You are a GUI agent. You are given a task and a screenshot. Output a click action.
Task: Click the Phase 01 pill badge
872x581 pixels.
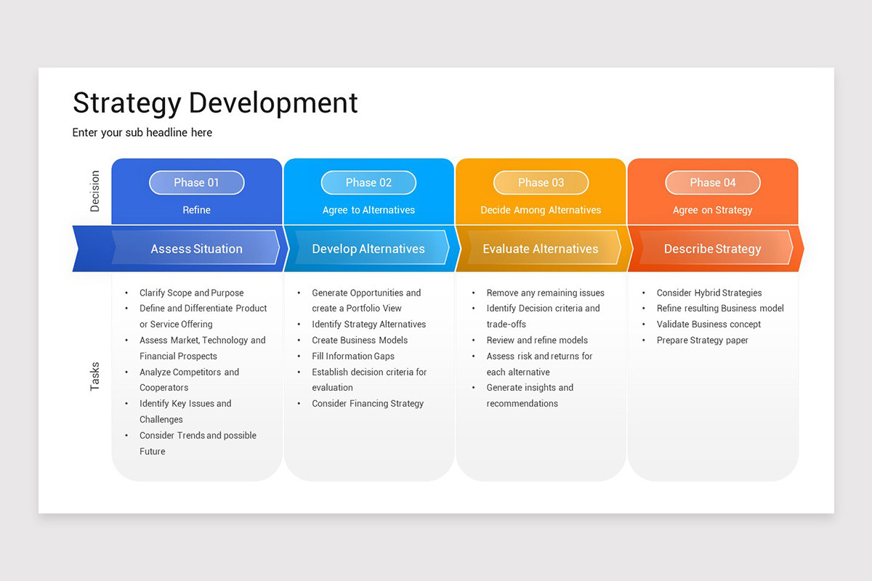[196, 183]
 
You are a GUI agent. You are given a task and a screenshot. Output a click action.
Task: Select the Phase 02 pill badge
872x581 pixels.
[368, 183]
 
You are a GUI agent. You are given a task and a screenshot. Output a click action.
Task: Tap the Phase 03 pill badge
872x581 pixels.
[541, 183]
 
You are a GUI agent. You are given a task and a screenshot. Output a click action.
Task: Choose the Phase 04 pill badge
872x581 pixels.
[712, 183]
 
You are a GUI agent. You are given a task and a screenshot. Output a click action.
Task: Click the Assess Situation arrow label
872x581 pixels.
[196, 248]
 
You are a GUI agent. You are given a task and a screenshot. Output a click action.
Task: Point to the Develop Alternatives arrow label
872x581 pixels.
[368, 248]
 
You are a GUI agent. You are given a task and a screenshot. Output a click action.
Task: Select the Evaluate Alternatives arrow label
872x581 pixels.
[541, 248]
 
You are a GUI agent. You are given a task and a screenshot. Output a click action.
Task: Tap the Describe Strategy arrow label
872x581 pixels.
[712, 248]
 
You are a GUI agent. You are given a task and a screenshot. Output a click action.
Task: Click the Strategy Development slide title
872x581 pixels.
[215, 102]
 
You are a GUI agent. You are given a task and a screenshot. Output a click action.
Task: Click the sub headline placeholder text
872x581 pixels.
[142, 132]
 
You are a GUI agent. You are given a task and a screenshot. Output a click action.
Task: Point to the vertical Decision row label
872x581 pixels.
[95, 191]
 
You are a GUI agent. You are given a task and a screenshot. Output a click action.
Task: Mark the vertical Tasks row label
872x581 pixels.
[95, 376]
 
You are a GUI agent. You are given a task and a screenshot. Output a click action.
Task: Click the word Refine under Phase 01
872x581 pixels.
[196, 210]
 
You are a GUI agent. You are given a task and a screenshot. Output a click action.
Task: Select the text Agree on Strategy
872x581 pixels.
[712, 210]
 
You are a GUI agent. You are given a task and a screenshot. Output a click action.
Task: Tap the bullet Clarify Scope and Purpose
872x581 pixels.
[192, 293]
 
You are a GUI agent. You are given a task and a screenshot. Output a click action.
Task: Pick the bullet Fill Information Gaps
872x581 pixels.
[353, 356]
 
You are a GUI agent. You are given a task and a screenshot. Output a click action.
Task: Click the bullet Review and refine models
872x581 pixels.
[537, 340]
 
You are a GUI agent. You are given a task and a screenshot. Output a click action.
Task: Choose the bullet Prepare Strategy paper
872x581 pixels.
[702, 340]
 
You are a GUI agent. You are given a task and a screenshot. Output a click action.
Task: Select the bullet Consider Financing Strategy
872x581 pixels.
[368, 403]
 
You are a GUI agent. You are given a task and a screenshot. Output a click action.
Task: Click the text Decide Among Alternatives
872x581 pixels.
[541, 210]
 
